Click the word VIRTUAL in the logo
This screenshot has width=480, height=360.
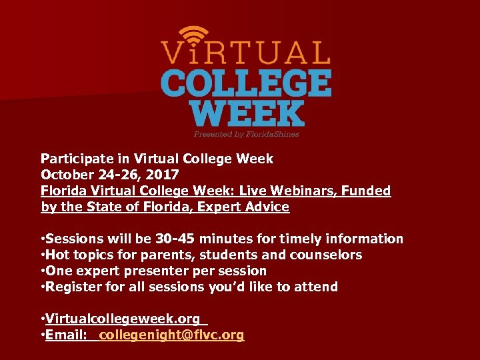(x=245, y=53)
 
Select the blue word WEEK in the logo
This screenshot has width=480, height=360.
(x=247, y=113)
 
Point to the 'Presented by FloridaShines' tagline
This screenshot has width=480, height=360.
(x=246, y=134)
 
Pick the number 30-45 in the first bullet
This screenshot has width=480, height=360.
(x=175, y=239)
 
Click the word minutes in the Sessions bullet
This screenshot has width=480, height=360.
(x=225, y=239)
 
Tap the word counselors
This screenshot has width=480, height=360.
(x=326, y=255)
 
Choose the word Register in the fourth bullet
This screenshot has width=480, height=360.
(x=72, y=287)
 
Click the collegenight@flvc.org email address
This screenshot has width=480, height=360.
(x=171, y=335)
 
